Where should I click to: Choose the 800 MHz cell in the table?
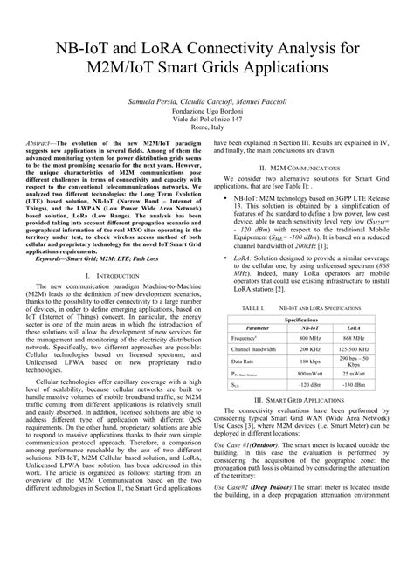(x=310, y=336)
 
